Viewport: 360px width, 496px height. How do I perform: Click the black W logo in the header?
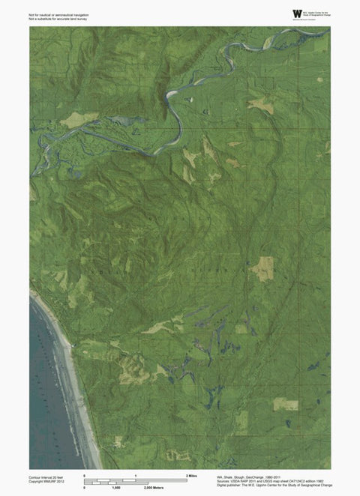298,14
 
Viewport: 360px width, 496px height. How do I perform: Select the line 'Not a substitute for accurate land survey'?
59,19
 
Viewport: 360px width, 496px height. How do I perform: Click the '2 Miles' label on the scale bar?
191,476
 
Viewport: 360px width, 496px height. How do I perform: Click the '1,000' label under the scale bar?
116,487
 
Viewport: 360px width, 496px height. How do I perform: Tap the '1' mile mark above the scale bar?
135,476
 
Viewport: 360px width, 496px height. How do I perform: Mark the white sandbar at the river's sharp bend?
172,94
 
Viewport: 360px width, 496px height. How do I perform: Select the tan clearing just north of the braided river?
78,118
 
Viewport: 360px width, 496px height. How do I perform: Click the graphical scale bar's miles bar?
135,480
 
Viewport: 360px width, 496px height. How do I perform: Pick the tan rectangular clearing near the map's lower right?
285,405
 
